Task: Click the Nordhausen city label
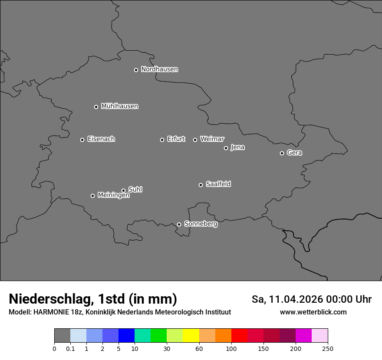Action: (159, 69)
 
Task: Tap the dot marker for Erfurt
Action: (162, 140)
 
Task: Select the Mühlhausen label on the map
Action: (119, 106)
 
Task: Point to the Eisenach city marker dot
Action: (82, 140)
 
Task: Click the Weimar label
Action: (212, 139)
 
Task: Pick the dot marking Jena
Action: (226, 148)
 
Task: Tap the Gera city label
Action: (294, 153)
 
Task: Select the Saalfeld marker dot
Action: (201, 185)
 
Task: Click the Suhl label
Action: (135, 190)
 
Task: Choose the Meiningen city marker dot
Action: (92, 196)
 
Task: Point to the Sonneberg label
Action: (201, 224)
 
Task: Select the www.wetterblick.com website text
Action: (313, 312)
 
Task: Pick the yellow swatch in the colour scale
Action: (191, 336)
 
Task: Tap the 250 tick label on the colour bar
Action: (328, 349)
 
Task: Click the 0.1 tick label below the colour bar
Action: (70, 349)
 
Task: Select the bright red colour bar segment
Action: (239, 336)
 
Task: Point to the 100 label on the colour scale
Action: (231, 349)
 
